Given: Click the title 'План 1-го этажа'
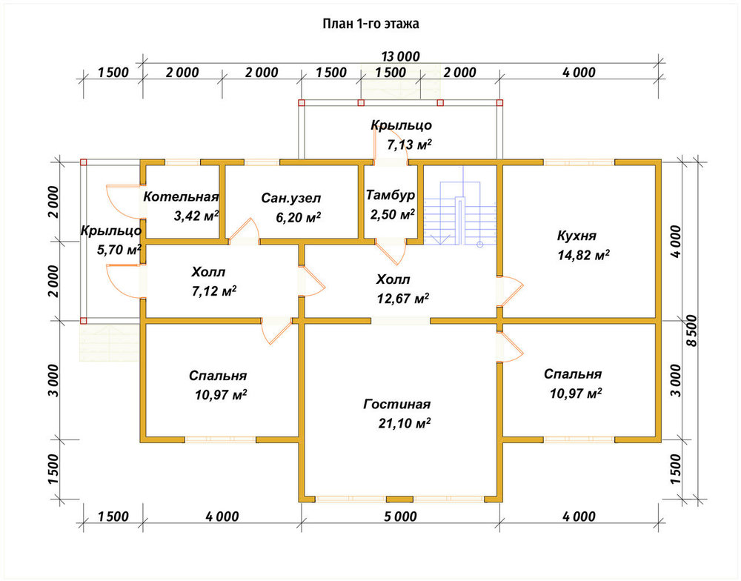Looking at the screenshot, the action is pos(370,24).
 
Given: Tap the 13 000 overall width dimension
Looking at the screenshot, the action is pos(400,57).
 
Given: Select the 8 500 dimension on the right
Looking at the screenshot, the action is pos(691,331).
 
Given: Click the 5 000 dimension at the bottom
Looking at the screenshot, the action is pos(400,517).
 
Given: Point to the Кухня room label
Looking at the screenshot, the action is pos(576,236).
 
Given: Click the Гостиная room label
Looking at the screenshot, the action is pos(397,404).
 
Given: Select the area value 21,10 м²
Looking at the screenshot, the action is pos(404,423).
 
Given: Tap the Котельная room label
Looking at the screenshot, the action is pos(181,196).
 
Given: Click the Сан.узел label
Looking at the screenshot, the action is pos(290,198).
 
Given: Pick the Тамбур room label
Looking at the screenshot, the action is pos(391,195).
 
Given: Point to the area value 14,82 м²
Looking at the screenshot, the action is pos(583,255).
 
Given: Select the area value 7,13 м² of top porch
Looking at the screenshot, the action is pos(409,145).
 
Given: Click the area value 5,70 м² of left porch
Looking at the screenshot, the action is pos(119,250).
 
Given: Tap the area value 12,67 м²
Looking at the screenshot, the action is pos(402,299).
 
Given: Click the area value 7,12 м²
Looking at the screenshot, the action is pos(214,291).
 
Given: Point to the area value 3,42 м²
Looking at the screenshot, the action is pos(196,216).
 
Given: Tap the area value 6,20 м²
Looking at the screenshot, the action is pos(298,218).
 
